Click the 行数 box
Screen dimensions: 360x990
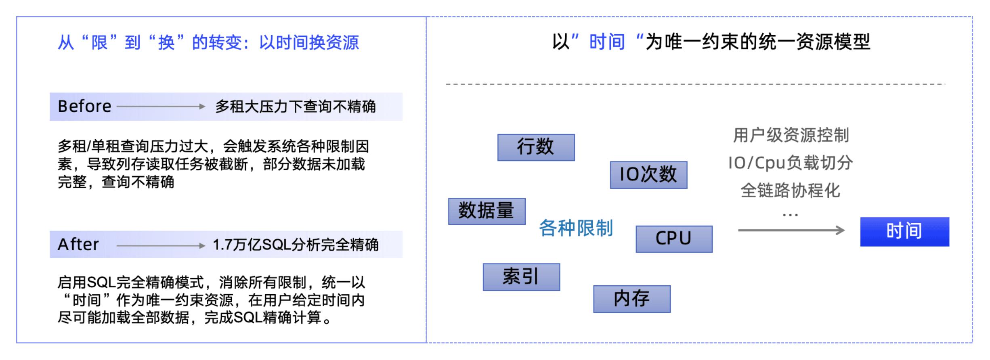pos(536,147)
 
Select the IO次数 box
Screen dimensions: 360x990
pos(648,175)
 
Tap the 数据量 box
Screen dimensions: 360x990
pos(487,211)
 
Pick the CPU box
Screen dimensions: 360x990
pos(674,239)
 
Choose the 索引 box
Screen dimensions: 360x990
pos(521,277)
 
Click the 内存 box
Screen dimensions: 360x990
pos(631,299)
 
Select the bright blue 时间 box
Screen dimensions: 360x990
pos(904,232)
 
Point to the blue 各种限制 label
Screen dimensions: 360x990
pos(576,228)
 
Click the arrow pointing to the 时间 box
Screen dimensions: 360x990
pos(791,230)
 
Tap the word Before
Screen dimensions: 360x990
pos(84,107)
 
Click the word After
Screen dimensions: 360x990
pos(78,245)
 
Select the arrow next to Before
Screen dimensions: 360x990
pos(161,107)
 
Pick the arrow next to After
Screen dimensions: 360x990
pos(161,245)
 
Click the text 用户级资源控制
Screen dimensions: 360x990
pos(791,135)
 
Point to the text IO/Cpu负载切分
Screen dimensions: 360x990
pos(790,163)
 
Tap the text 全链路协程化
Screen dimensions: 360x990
pos(790,190)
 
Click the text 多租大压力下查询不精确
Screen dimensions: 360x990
pos(295,107)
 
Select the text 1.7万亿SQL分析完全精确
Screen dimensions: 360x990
pos(296,245)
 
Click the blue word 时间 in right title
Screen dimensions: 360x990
pos(607,42)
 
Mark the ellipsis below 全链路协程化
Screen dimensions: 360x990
pos(790,215)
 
